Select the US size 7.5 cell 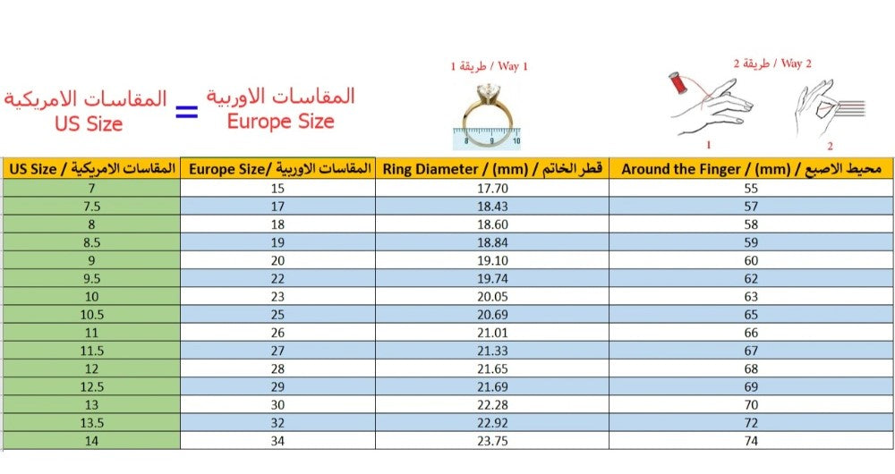[91, 206]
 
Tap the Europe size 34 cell [277, 440]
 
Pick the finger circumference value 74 [751, 440]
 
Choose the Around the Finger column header [751, 168]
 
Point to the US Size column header [91, 168]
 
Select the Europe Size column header [277, 168]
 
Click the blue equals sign [186, 113]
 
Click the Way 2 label [771, 63]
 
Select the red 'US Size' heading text [88, 124]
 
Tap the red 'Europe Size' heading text [280, 122]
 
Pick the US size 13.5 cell [91, 422]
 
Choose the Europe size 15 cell [277, 188]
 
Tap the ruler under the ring [487, 140]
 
